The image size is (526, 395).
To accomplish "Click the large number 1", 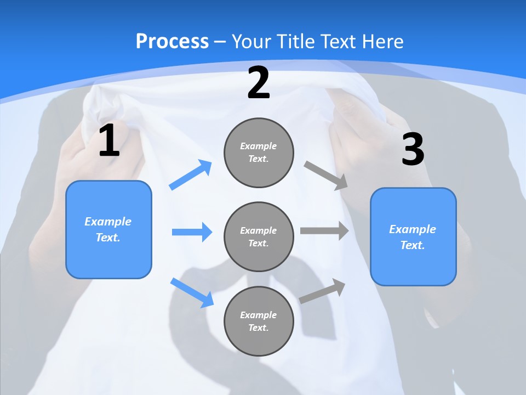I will [109, 141].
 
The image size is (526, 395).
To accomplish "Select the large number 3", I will [413, 150].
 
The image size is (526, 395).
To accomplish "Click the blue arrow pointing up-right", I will [191, 175].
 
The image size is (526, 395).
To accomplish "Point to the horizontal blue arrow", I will [192, 232].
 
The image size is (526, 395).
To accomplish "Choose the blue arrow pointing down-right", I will [192, 292].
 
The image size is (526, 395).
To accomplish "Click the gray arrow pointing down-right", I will [326, 175].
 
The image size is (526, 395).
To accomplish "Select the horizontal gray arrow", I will [324, 231].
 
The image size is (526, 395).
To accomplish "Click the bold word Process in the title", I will [172, 41].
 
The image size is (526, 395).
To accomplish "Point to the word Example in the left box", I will [108, 222].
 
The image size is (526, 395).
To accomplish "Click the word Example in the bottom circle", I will [258, 315].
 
